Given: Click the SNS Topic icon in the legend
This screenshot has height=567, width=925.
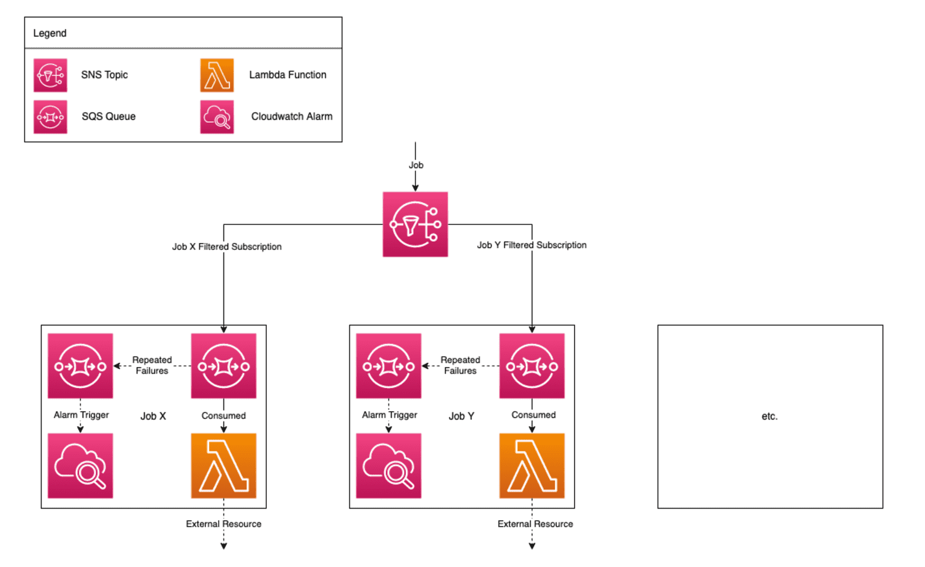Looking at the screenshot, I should tap(50, 75).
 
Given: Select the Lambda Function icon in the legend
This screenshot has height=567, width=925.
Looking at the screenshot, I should tap(217, 75).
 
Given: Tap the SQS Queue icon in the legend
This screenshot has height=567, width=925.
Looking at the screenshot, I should tap(50, 117).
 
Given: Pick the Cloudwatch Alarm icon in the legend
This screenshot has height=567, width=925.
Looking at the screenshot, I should tap(217, 117).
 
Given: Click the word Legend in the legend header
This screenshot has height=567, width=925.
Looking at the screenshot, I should tap(49, 33).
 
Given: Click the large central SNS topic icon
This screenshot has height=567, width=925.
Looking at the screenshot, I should tap(415, 225).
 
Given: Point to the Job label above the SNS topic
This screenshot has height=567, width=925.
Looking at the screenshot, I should tap(416, 165).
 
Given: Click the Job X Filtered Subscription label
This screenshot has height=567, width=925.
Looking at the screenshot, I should tap(226, 247).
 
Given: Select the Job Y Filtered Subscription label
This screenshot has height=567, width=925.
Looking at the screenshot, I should tap(531, 245).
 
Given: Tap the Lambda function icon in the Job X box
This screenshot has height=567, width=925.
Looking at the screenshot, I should tap(223, 466).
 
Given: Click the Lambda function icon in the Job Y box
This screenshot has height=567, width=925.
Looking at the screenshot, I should tap(532, 466).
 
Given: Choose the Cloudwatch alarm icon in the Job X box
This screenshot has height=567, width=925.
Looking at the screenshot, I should tap(80, 466).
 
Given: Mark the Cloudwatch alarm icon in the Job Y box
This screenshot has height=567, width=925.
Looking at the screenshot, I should tap(388, 466).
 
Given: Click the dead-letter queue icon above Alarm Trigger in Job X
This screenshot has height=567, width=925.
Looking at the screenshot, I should tap(80, 366).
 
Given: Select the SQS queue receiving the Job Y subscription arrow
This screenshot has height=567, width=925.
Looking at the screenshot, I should tap(532, 366).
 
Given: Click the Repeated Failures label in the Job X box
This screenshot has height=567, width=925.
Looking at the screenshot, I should tap(152, 365).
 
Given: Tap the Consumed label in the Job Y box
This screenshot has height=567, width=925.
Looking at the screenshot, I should tap(533, 415).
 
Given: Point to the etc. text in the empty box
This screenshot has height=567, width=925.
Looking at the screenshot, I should tap(769, 416).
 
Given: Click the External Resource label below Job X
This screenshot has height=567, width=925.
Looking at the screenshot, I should tap(223, 524).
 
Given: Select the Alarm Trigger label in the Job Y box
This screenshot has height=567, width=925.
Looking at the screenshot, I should tap(389, 415).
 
